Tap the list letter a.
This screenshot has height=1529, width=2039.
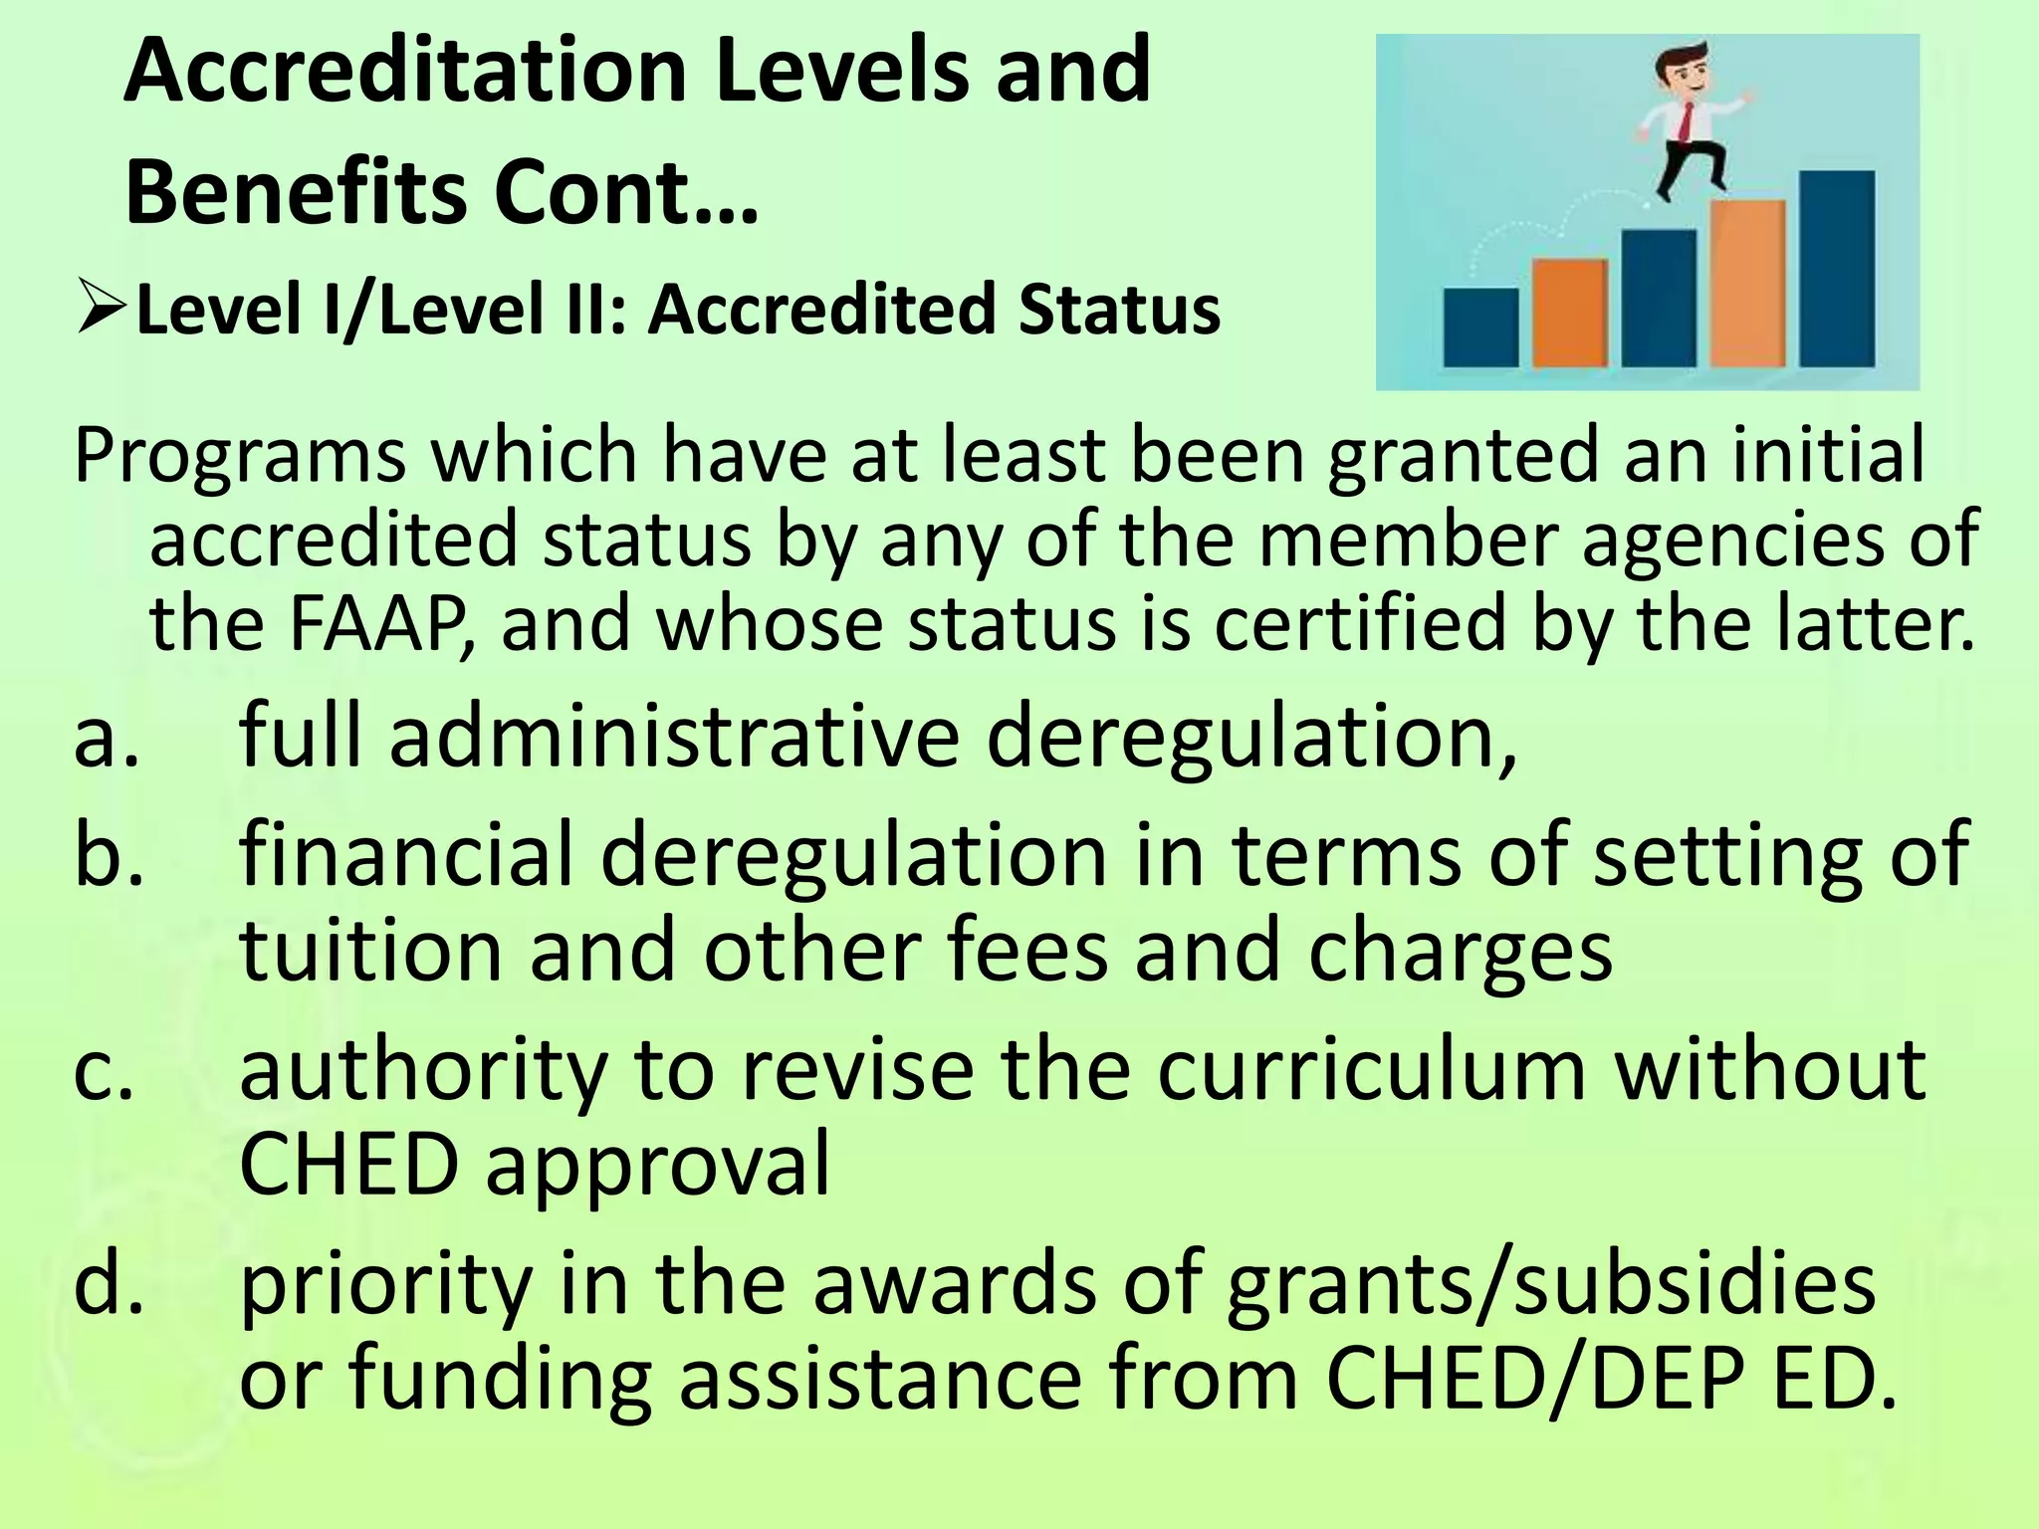pos(104,737)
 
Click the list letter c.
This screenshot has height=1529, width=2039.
pos(104,1071)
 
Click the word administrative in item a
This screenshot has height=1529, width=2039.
pos(674,737)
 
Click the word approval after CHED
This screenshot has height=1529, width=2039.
pos(657,1167)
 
